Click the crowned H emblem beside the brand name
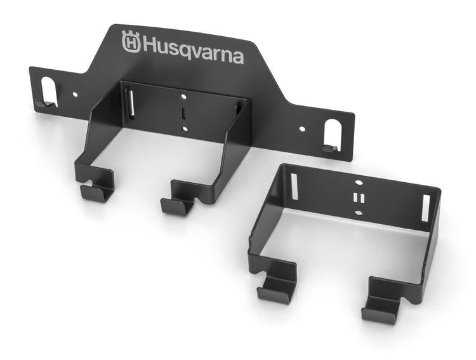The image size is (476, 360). [x=131, y=43]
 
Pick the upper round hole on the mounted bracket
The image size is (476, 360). [x=183, y=98]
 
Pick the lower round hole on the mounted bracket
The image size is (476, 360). [x=184, y=129]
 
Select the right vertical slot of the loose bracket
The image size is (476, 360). [x=425, y=208]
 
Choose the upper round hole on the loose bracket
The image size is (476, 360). [x=357, y=182]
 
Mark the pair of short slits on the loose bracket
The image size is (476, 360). [x=357, y=197]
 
